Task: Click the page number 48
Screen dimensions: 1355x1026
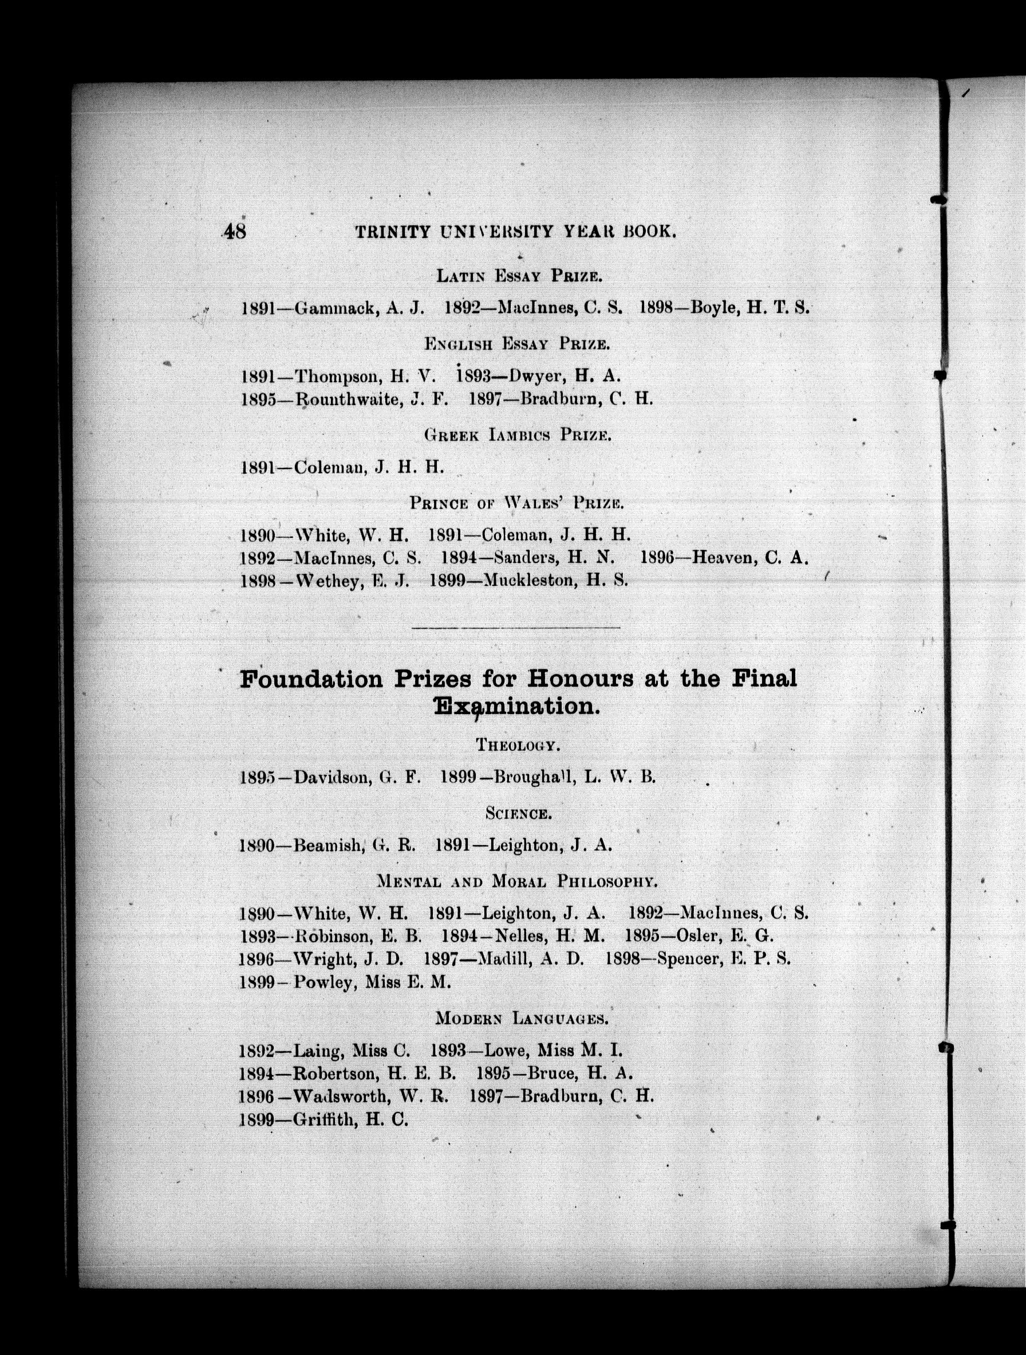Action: [235, 232]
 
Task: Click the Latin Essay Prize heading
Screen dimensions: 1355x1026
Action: [519, 276]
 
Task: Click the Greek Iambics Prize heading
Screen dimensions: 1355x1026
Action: [517, 435]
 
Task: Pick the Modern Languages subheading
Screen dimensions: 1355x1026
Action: [522, 1019]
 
